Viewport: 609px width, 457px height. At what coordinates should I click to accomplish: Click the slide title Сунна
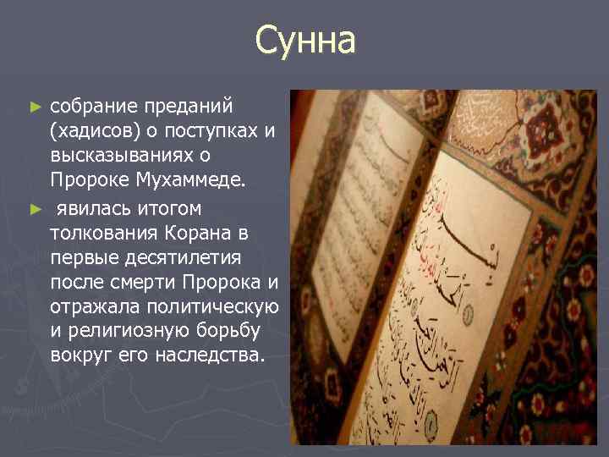click(x=305, y=40)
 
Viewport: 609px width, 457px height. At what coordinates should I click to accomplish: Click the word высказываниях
click(x=128, y=157)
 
